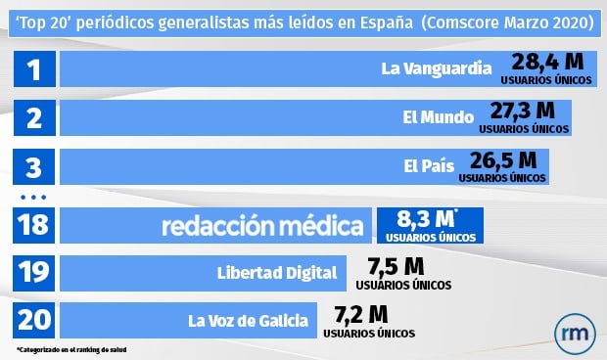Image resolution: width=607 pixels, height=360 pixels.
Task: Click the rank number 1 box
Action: click(34, 69)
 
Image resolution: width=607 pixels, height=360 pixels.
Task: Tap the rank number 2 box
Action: click(34, 118)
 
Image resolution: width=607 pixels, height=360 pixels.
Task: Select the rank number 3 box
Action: click(34, 167)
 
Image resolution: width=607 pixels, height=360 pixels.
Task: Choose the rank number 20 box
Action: click(34, 320)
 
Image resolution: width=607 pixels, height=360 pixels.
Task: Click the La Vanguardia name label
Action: click(435, 69)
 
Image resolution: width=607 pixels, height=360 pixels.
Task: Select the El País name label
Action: click(428, 166)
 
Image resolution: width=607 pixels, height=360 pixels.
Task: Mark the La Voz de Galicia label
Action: click(249, 320)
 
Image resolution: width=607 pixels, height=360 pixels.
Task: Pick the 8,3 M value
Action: click(428, 219)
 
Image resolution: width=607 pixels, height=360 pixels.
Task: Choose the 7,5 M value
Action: click(396, 266)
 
